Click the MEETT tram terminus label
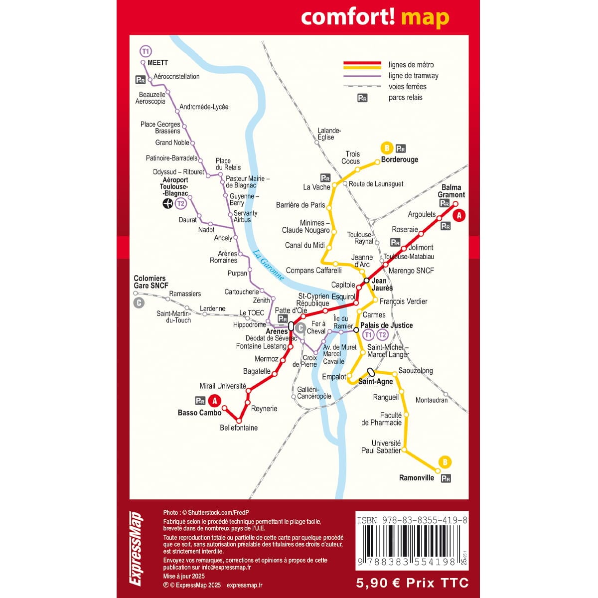157,63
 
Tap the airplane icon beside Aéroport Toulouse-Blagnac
168,203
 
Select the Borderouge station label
399,159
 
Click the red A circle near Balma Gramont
459,215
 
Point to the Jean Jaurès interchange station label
382,284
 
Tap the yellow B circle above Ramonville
445,461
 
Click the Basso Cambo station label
199,413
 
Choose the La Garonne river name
268,265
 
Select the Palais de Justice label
386,325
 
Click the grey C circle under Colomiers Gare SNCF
139,302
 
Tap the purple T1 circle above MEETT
145,51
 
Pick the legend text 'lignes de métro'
411,65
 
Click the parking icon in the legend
362,98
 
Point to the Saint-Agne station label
376,382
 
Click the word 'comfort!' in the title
348,17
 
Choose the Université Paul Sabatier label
381,447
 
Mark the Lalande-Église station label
329,134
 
